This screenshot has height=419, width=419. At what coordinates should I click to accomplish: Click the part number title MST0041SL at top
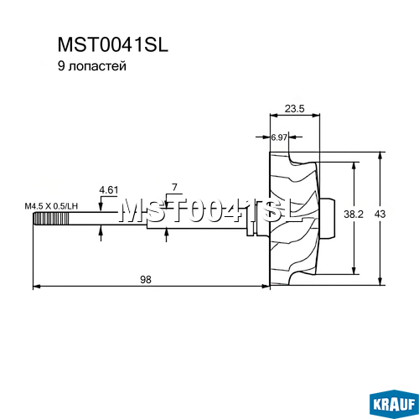point(113,44)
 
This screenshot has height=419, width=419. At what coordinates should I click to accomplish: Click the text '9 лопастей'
point(92,66)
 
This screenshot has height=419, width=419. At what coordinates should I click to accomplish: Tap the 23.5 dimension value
point(294,108)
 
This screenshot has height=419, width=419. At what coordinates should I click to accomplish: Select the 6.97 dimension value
point(279,137)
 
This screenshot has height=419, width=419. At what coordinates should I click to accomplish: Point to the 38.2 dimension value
point(354,215)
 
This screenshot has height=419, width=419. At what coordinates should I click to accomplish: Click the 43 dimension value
point(380,215)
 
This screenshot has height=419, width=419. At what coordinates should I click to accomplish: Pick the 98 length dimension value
point(146,279)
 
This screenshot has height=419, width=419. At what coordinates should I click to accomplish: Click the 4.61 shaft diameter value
point(109,190)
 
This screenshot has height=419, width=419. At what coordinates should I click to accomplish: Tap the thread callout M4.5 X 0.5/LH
point(51,206)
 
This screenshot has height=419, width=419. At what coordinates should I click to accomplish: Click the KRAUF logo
point(394,406)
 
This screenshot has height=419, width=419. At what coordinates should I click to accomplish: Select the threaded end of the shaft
point(51,219)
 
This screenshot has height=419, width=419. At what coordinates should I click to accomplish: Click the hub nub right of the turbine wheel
point(327,219)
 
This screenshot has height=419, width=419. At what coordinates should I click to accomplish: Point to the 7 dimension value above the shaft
point(174,188)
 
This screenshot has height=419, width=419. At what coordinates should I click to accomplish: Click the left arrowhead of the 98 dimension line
point(38,286)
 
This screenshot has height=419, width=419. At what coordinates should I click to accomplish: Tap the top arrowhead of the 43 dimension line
point(380,156)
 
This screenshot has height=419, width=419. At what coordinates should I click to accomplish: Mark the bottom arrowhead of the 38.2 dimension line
point(354,271)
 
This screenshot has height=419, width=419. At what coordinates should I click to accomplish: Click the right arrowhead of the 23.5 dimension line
point(316,115)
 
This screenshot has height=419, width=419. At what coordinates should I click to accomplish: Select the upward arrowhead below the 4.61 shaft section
point(101,230)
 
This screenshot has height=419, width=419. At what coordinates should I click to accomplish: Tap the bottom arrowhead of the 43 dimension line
point(380,282)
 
